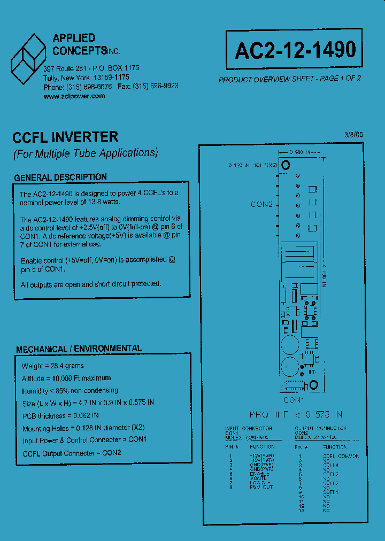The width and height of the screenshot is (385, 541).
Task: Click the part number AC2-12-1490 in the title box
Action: pyautogui.click(x=295, y=50)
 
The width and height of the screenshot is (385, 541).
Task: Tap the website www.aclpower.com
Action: pyautogui.click(x=74, y=96)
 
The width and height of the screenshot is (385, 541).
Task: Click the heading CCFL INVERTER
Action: pyautogui.click(x=65, y=137)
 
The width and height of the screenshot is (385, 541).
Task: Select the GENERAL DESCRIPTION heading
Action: pyautogui.click(x=60, y=177)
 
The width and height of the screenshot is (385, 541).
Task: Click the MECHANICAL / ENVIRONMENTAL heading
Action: pyautogui.click(x=79, y=349)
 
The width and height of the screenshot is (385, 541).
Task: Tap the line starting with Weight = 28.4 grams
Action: pyautogui.click(x=52, y=366)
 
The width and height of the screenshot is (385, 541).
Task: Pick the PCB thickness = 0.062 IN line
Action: pyautogui.click(x=60, y=415)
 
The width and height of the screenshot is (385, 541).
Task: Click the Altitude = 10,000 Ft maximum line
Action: pyautogui.click(x=66, y=378)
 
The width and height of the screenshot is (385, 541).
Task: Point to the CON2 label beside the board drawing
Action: pyautogui.click(x=262, y=205)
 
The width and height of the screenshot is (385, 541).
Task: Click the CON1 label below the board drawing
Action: pyautogui.click(x=294, y=399)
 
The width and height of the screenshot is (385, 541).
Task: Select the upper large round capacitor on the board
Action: pyautogui.click(x=289, y=343)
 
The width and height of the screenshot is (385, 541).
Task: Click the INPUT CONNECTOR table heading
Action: pyautogui.click(x=249, y=428)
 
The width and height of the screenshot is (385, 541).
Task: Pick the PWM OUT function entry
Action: pyautogui.click(x=261, y=487)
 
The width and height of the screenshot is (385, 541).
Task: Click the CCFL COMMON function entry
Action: pyautogui.click(x=341, y=456)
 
